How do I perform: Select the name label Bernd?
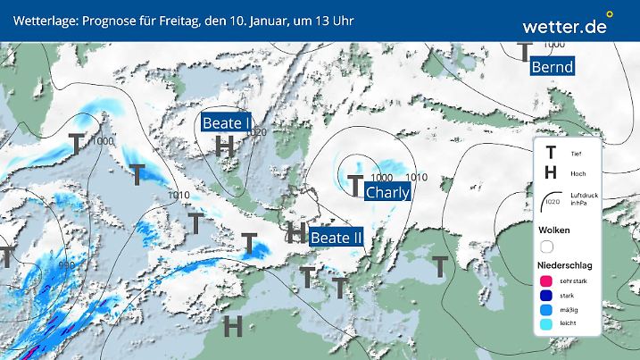coord(552,67)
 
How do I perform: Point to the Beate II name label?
coord(336,238)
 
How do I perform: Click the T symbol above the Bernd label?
coord(526,50)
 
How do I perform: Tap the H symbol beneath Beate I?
coord(225,146)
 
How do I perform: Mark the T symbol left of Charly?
coord(355,186)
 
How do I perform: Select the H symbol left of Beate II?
coord(296,233)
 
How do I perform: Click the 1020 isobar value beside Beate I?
coord(259,132)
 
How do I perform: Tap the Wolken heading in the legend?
coord(554,230)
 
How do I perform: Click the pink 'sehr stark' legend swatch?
coord(546,281)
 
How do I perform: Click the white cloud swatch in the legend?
coord(547,246)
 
